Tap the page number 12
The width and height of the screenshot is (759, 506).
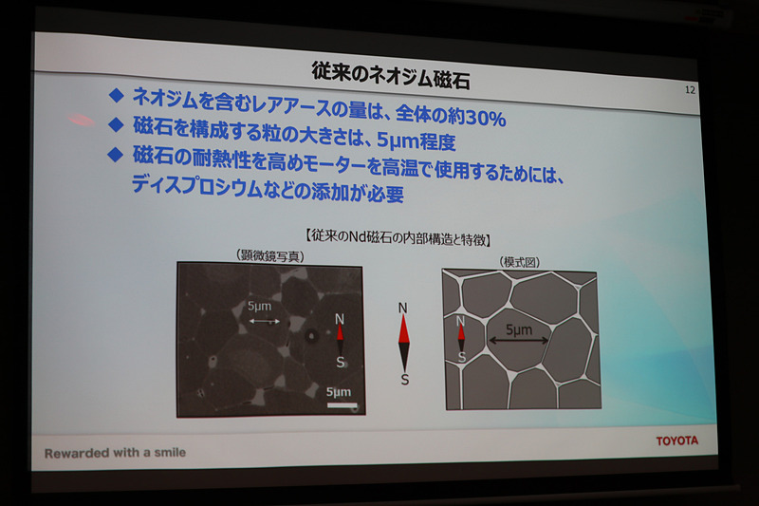(x=689, y=90)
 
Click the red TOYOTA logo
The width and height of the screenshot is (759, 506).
(x=676, y=440)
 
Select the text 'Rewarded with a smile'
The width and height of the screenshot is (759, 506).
(x=115, y=453)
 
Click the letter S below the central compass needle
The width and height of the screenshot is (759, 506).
(x=405, y=379)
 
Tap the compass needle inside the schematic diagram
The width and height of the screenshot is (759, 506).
(x=462, y=340)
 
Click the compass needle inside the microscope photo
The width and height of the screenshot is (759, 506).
(x=341, y=339)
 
